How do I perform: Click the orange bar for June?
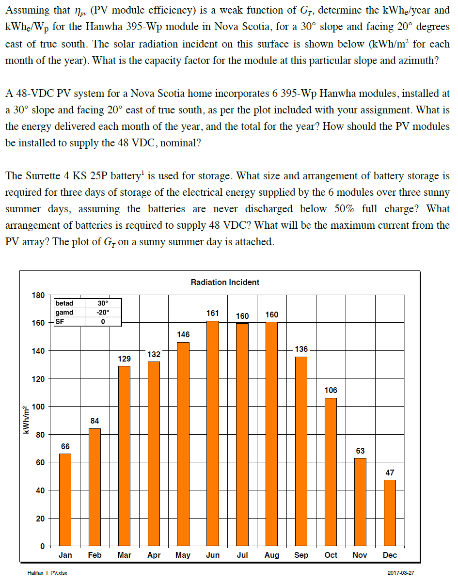[x=213, y=433]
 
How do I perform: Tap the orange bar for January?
[x=65, y=500]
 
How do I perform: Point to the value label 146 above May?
[x=183, y=334]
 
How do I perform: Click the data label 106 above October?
[x=331, y=390]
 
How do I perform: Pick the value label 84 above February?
[x=95, y=421]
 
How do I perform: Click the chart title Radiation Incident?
[x=225, y=282]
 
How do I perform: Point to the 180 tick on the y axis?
[x=38, y=295]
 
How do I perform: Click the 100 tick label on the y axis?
[x=38, y=407]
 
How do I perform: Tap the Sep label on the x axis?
[x=301, y=555]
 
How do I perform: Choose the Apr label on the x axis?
[x=154, y=555]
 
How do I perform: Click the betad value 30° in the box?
[x=103, y=303]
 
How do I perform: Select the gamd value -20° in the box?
[x=103, y=312]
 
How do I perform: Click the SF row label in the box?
[x=60, y=321]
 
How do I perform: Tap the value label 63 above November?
[x=360, y=451]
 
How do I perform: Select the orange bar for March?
[x=124, y=456]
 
